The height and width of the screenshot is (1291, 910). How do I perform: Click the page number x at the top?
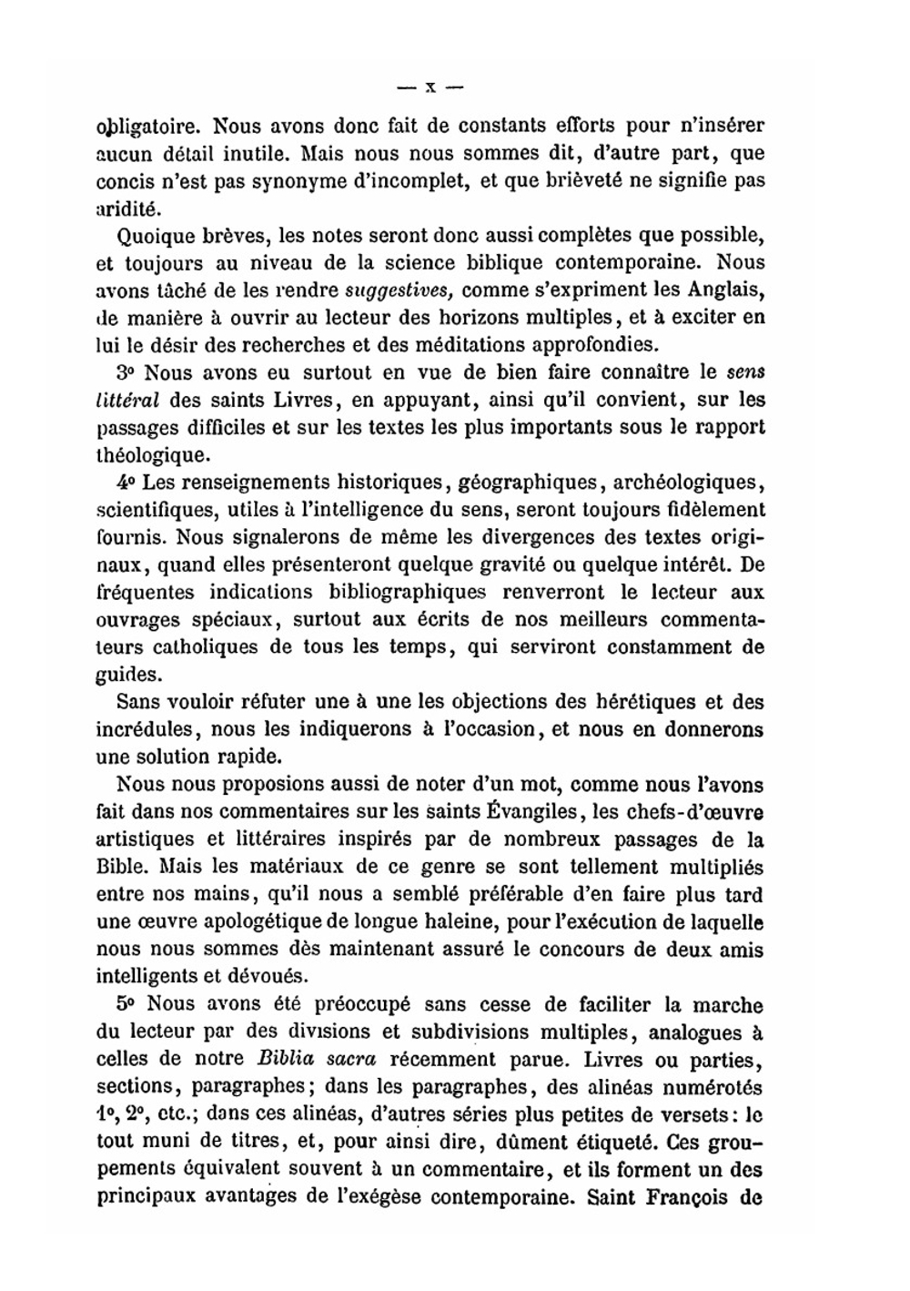[430, 88]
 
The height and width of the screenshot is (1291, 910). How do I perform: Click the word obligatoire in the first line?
[141, 127]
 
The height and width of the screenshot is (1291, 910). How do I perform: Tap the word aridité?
[126, 208]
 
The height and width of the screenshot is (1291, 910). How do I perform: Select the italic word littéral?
[128, 400]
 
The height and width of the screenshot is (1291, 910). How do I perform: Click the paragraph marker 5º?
[126, 1005]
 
